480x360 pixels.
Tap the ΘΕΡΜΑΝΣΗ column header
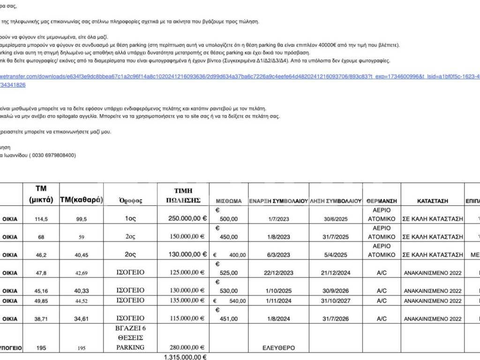pyautogui.click(x=379, y=201)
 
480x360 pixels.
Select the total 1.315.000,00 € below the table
pyautogui.click(x=185, y=357)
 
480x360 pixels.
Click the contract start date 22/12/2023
pyautogui.click(x=278, y=273)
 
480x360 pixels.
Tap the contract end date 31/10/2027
pyautogui.click(x=336, y=300)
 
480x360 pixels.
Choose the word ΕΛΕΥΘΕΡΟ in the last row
pyautogui.click(x=278, y=348)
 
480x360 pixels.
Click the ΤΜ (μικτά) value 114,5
pyautogui.click(x=41, y=219)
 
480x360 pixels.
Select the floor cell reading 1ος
pyautogui.click(x=130, y=218)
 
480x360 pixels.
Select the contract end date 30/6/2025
pyautogui.click(x=336, y=218)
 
